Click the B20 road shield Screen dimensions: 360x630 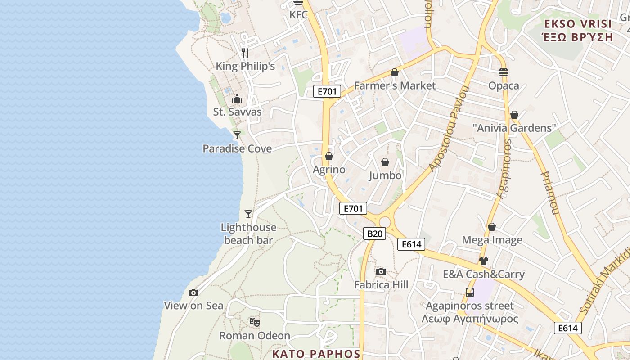pos(374,234)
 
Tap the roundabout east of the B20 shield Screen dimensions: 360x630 pos(385,222)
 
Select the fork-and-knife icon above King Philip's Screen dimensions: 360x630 pos(245,53)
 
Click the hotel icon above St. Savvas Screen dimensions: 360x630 pos(237,99)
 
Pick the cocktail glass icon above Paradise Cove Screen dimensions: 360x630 pos(237,135)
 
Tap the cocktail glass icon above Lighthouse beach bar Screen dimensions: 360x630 pos(248,214)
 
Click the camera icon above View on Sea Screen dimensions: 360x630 pos(193,293)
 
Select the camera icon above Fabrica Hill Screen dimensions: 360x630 pos(381,271)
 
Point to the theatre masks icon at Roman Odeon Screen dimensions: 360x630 pos(255,322)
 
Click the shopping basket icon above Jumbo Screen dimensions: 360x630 pos(385,162)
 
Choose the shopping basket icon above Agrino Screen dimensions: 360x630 pos(329,156)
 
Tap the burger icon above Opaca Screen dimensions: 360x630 pos(504,72)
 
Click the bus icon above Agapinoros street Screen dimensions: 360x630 pos(470,292)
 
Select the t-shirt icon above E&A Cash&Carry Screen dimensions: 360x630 pos(484,261)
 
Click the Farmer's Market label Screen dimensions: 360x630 pos(395,85)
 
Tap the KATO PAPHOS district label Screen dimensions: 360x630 pos(316,354)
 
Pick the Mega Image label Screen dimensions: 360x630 pos(492,240)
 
